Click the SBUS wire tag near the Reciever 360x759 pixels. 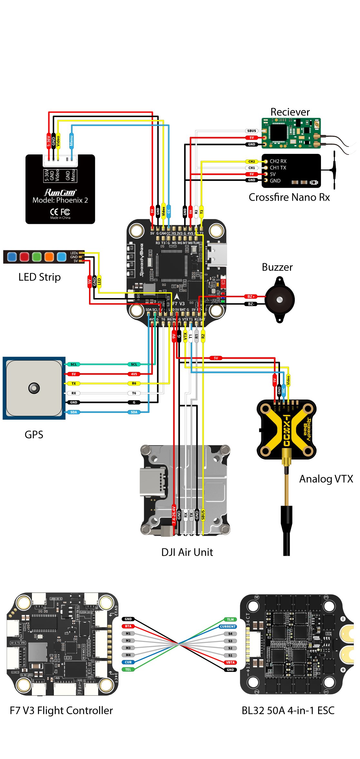coord(252,131)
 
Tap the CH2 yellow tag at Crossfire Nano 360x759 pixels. coord(252,161)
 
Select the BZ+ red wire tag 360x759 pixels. coord(251,296)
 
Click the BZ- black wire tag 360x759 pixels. coord(251,304)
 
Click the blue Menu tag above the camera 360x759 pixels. coord(71,141)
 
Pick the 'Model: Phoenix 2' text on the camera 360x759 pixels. coord(60,200)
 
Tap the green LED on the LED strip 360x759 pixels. coord(37,257)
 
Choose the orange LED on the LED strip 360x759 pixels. coord(49,257)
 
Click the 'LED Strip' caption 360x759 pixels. coord(39,277)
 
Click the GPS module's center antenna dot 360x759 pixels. coord(34,388)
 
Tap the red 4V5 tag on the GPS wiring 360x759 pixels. coord(134,374)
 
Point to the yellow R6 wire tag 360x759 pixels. coord(134,384)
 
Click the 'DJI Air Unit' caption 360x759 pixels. coord(187,552)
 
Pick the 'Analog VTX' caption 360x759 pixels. coord(326,479)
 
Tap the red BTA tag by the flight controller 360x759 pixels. coord(128,626)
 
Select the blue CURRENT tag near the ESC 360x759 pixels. coord(228,626)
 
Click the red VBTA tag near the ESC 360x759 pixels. coord(230,662)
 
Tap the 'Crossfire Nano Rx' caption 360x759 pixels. coord(289,197)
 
